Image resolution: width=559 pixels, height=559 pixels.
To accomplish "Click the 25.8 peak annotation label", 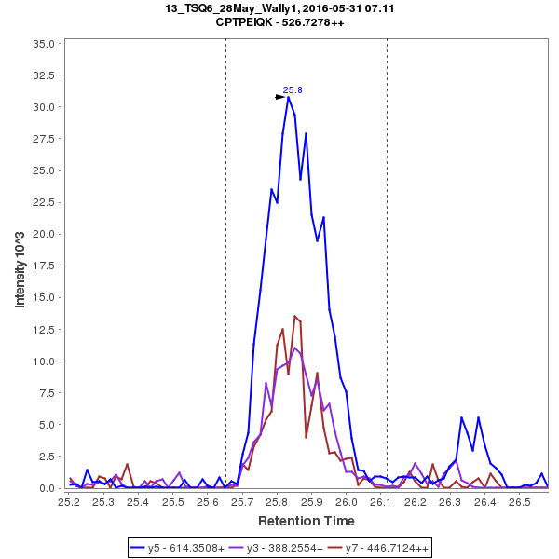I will tap(293, 90).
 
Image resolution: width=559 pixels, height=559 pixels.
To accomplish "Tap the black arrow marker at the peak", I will tap(280, 96).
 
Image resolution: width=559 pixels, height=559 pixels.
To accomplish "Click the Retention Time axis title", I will tap(306, 520).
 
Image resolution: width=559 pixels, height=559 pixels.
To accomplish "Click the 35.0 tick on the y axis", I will tap(44, 44).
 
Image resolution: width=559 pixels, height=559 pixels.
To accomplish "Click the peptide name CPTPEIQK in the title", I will tap(246, 23).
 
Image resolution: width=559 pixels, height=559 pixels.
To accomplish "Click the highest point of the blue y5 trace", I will tap(288, 97).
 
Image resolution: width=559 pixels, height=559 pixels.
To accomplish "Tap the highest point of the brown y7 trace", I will tap(294, 316).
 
